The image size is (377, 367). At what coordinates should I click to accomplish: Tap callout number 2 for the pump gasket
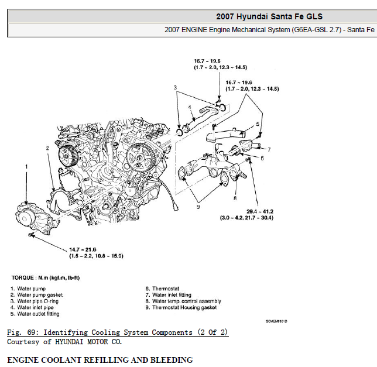click(47, 148)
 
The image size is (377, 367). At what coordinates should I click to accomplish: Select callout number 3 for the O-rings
click(175, 88)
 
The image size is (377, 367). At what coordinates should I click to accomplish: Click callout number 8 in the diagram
click(235, 198)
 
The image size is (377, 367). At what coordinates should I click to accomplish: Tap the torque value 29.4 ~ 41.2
click(259, 211)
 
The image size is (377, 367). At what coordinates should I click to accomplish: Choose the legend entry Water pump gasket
click(40, 295)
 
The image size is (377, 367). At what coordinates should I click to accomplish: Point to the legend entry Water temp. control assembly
click(187, 301)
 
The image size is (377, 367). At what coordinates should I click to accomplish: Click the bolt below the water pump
click(30, 235)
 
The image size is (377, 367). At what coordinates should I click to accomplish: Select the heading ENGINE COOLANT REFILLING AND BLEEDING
click(100, 359)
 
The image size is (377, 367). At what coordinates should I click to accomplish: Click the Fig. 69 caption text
click(118, 332)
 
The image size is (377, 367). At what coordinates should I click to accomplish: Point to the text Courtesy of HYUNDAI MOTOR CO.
click(64, 341)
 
